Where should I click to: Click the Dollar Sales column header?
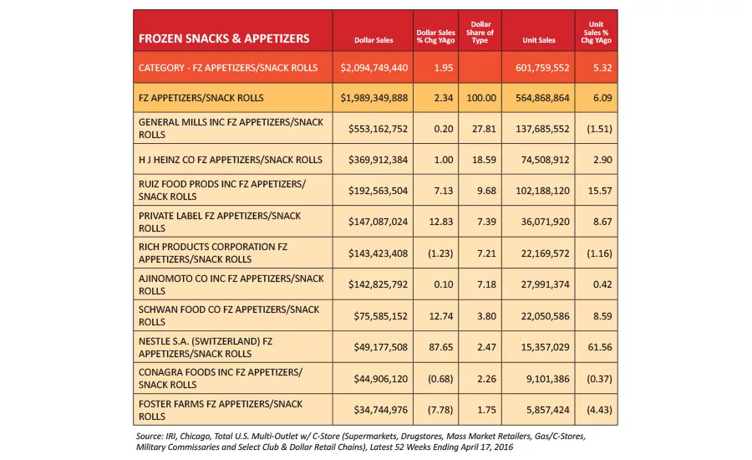373,40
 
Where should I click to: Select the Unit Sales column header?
539,40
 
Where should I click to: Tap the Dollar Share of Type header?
480,32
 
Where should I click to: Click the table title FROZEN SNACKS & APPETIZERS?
224,38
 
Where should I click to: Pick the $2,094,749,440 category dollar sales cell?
374,68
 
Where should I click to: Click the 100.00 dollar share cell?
481,98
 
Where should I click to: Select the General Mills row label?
231,128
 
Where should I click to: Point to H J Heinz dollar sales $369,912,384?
378,160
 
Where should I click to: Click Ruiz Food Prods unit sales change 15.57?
600,191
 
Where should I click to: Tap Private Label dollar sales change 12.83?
440,222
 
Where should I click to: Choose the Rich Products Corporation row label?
213,253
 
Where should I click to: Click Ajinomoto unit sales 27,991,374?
546,284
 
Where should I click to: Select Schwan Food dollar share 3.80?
486,316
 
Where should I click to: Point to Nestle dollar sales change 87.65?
440,347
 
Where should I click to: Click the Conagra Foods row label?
221,378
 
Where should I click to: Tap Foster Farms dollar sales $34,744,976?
381,410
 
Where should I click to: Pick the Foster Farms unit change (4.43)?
599,410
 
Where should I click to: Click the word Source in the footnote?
150,437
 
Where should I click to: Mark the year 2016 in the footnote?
503,447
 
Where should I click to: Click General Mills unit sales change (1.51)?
599,129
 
